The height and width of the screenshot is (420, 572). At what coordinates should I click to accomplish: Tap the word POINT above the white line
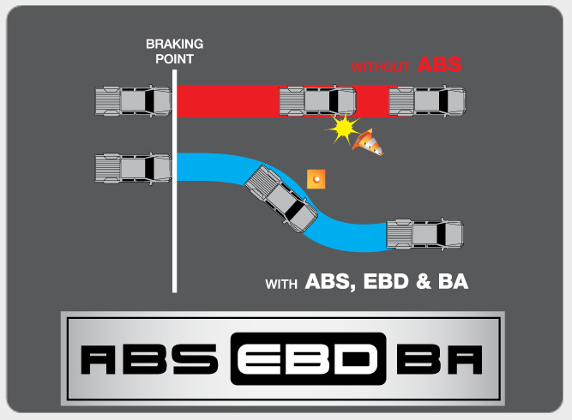[175, 59]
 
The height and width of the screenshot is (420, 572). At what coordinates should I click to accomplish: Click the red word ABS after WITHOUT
[439, 64]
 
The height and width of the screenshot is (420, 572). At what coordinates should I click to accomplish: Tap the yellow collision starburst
[343, 129]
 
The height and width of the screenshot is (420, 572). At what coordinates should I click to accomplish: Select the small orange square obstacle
[317, 178]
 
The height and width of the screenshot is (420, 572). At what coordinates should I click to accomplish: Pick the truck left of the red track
[132, 101]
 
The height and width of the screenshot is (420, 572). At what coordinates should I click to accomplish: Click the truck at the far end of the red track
[426, 101]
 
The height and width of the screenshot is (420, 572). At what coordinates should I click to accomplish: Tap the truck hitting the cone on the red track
[317, 101]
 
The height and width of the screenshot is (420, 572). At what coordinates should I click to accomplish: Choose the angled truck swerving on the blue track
[280, 198]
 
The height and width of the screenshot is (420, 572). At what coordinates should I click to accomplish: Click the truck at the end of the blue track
[424, 233]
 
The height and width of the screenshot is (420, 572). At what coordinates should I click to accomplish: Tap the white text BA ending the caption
[454, 281]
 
